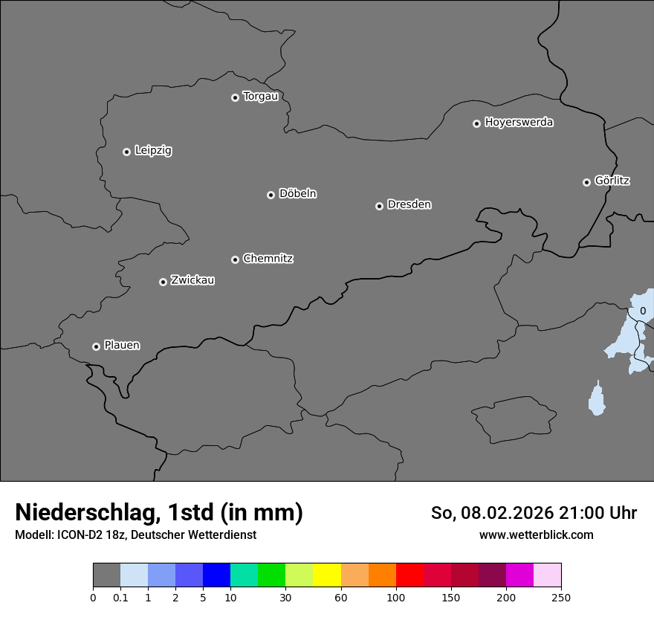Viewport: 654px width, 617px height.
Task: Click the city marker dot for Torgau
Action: (x=235, y=97)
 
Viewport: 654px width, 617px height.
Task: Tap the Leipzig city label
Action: (x=153, y=150)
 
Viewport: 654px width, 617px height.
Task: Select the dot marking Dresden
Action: (x=379, y=206)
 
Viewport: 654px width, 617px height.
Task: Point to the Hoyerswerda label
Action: (x=519, y=122)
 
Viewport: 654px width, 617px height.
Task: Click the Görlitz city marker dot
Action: (x=586, y=182)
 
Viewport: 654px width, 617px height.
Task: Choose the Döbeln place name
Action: (x=297, y=193)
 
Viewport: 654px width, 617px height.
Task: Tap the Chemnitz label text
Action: (x=268, y=259)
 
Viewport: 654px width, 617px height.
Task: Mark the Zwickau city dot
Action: (x=163, y=282)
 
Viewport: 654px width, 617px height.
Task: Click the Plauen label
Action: (x=122, y=345)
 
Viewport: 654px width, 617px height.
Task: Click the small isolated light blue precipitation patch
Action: (x=596, y=399)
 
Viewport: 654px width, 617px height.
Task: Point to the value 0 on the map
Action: (x=643, y=311)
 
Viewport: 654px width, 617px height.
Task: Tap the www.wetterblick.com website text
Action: (x=536, y=534)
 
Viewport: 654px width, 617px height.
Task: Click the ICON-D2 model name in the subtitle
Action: (x=82, y=534)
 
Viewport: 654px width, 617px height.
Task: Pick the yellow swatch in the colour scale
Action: (x=327, y=575)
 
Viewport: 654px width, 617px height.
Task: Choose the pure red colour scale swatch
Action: (x=409, y=575)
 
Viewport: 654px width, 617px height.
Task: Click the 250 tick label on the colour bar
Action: (x=561, y=597)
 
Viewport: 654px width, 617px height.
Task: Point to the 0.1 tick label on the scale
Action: (x=120, y=597)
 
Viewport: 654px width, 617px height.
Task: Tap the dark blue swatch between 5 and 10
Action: (x=216, y=575)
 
